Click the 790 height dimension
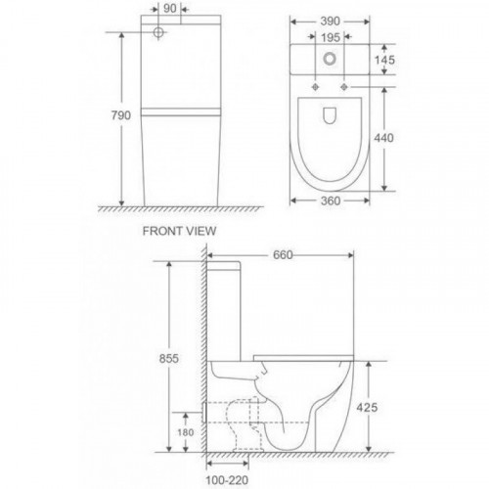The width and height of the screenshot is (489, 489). (x=120, y=115)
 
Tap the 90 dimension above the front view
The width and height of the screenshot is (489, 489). (x=170, y=9)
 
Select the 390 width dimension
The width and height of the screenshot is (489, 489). (x=330, y=22)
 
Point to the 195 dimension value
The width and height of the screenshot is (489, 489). (x=331, y=38)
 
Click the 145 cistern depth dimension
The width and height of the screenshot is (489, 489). (x=384, y=60)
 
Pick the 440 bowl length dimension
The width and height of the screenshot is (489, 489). (x=383, y=138)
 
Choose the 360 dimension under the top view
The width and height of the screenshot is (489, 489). (x=331, y=200)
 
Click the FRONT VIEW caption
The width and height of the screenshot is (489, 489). (x=179, y=231)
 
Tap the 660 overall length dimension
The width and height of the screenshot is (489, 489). (x=283, y=255)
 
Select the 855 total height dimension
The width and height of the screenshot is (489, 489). (x=169, y=359)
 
